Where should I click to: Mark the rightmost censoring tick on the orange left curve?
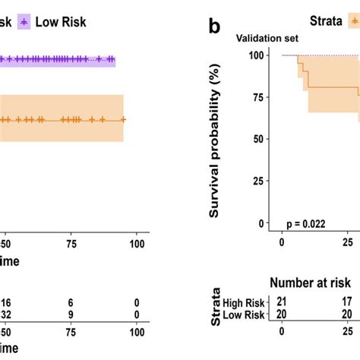point(122,119)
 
